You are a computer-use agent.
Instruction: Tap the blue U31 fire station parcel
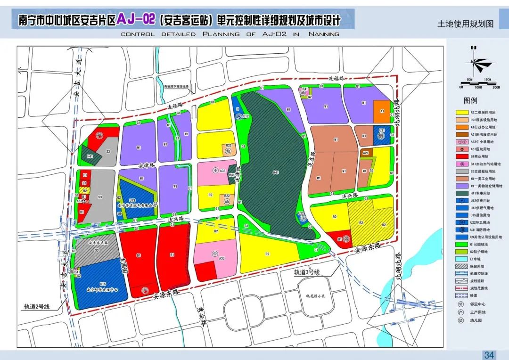tap(382, 135)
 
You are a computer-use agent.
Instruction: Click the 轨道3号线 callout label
tap(307, 272)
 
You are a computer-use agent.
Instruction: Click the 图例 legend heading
tap(470, 100)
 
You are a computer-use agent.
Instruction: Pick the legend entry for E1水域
tap(479, 259)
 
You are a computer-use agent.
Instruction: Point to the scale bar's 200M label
tap(496, 87)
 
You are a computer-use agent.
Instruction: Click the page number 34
tap(489, 355)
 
